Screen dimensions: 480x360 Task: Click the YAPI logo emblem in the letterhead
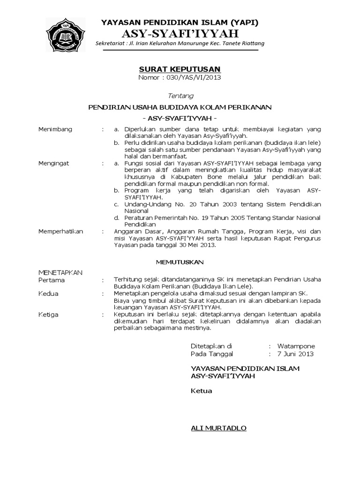point(66,35)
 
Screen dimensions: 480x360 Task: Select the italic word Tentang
point(180,96)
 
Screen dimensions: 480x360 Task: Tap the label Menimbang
point(55,129)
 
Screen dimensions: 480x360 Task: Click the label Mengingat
point(53,164)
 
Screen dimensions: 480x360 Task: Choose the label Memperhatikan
point(60,232)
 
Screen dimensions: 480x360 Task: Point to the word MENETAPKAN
point(60,272)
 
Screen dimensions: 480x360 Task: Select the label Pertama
point(52,280)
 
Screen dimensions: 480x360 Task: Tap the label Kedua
point(48,294)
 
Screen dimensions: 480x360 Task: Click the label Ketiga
point(48,315)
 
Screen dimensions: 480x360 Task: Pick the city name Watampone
point(296,346)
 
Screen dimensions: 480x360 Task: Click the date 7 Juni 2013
point(295,354)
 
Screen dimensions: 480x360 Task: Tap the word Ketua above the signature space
point(202,391)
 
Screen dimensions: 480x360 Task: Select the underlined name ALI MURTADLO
point(219,428)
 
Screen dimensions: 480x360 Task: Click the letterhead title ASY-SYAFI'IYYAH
point(180,33)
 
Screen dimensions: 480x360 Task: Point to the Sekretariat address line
point(180,44)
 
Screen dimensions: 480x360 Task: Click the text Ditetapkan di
point(211,346)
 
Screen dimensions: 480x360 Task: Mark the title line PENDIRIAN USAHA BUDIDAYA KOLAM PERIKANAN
point(180,107)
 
